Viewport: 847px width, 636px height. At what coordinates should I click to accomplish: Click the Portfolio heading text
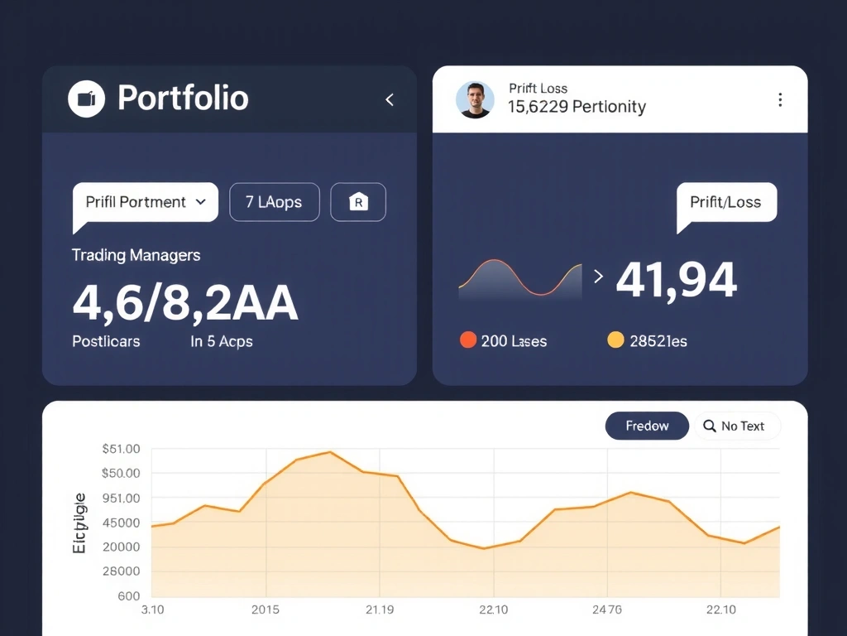183,99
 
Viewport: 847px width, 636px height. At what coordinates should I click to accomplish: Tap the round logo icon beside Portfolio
86,99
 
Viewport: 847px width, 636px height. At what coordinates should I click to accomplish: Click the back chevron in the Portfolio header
390,100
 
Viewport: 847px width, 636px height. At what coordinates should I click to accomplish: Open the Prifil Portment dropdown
146,202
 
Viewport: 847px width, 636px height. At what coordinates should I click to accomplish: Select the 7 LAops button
274,202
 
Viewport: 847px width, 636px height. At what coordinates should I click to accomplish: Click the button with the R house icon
358,202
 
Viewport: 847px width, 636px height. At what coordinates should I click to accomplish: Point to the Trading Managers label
136,255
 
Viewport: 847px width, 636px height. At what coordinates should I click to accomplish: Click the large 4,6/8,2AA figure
185,303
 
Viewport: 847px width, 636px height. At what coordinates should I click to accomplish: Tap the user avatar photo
475,99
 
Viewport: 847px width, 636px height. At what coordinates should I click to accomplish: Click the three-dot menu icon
780,100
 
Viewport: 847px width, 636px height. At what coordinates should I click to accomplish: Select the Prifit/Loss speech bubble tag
726,202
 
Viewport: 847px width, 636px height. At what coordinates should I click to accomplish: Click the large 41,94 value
676,280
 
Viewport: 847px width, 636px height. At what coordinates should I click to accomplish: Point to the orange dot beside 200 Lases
467,340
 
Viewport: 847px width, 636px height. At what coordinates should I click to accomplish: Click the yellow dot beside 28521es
615,340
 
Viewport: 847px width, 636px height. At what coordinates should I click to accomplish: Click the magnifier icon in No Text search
709,426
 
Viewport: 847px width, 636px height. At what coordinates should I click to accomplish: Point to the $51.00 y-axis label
121,449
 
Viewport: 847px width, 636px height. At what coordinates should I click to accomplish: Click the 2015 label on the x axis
265,609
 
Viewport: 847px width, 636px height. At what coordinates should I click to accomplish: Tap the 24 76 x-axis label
606,609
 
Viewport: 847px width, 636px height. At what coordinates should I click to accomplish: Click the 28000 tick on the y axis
121,571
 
